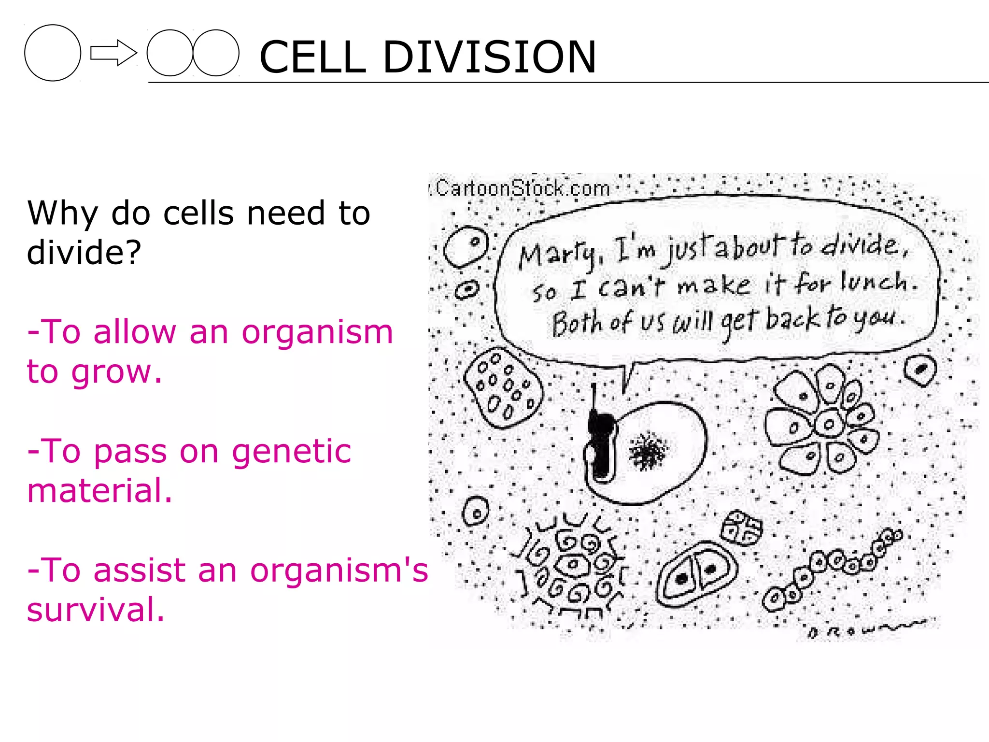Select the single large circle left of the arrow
pyautogui.click(x=53, y=53)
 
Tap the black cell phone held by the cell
pyautogui.click(x=600, y=444)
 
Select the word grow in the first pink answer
pyautogui.click(x=116, y=372)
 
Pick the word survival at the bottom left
pyautogui.click(x=95, y=610)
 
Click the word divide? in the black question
pyautogui.click(x=84, y=252)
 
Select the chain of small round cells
pyautogui.click(x=831, y=570)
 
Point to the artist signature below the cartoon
pyautogui.click(x=864, y=628)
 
